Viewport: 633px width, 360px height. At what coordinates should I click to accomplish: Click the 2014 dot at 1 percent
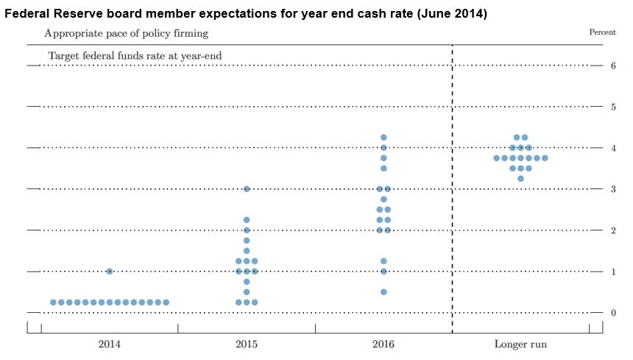pos(110,271)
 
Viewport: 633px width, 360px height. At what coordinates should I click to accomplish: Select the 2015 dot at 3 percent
pos(247,189)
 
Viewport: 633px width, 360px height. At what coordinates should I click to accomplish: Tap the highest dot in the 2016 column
pos(383,138)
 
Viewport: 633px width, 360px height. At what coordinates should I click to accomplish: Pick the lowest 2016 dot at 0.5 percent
pos(383,292)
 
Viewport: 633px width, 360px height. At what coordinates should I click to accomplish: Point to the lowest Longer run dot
pos(520,178)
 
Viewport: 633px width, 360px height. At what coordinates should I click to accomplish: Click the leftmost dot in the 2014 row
pos(53,302)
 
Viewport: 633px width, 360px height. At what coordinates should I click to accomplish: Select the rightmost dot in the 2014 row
pos(166,302)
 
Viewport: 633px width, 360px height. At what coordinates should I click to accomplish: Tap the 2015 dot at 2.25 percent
pos(247,220)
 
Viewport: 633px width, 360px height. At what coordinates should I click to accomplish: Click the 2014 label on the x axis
pos(110,344)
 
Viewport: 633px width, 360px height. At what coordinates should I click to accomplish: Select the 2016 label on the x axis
pos(383,344)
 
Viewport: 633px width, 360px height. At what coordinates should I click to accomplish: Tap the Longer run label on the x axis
pos(520,344)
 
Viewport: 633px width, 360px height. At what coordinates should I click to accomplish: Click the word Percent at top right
pos(602,32)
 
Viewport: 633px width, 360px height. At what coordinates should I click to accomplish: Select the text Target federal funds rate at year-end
pos(135,55)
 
